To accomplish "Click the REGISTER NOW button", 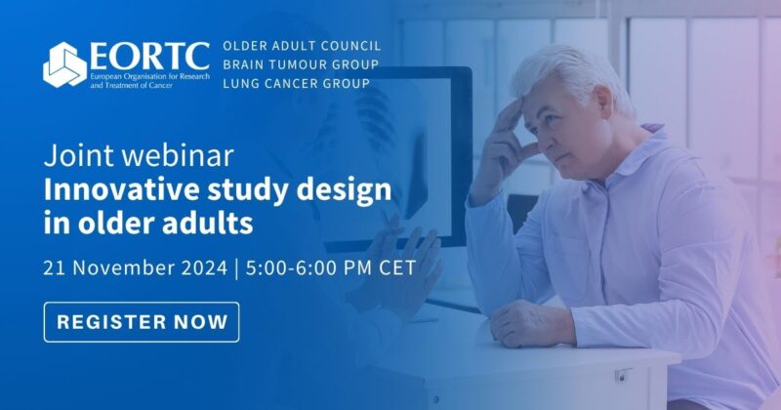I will click(142, 321).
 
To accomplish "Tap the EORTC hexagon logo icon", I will click(64, 64).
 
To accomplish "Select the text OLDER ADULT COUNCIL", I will click(302, 46).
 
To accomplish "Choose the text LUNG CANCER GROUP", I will click(296, 83).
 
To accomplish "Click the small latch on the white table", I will click(623, 375).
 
